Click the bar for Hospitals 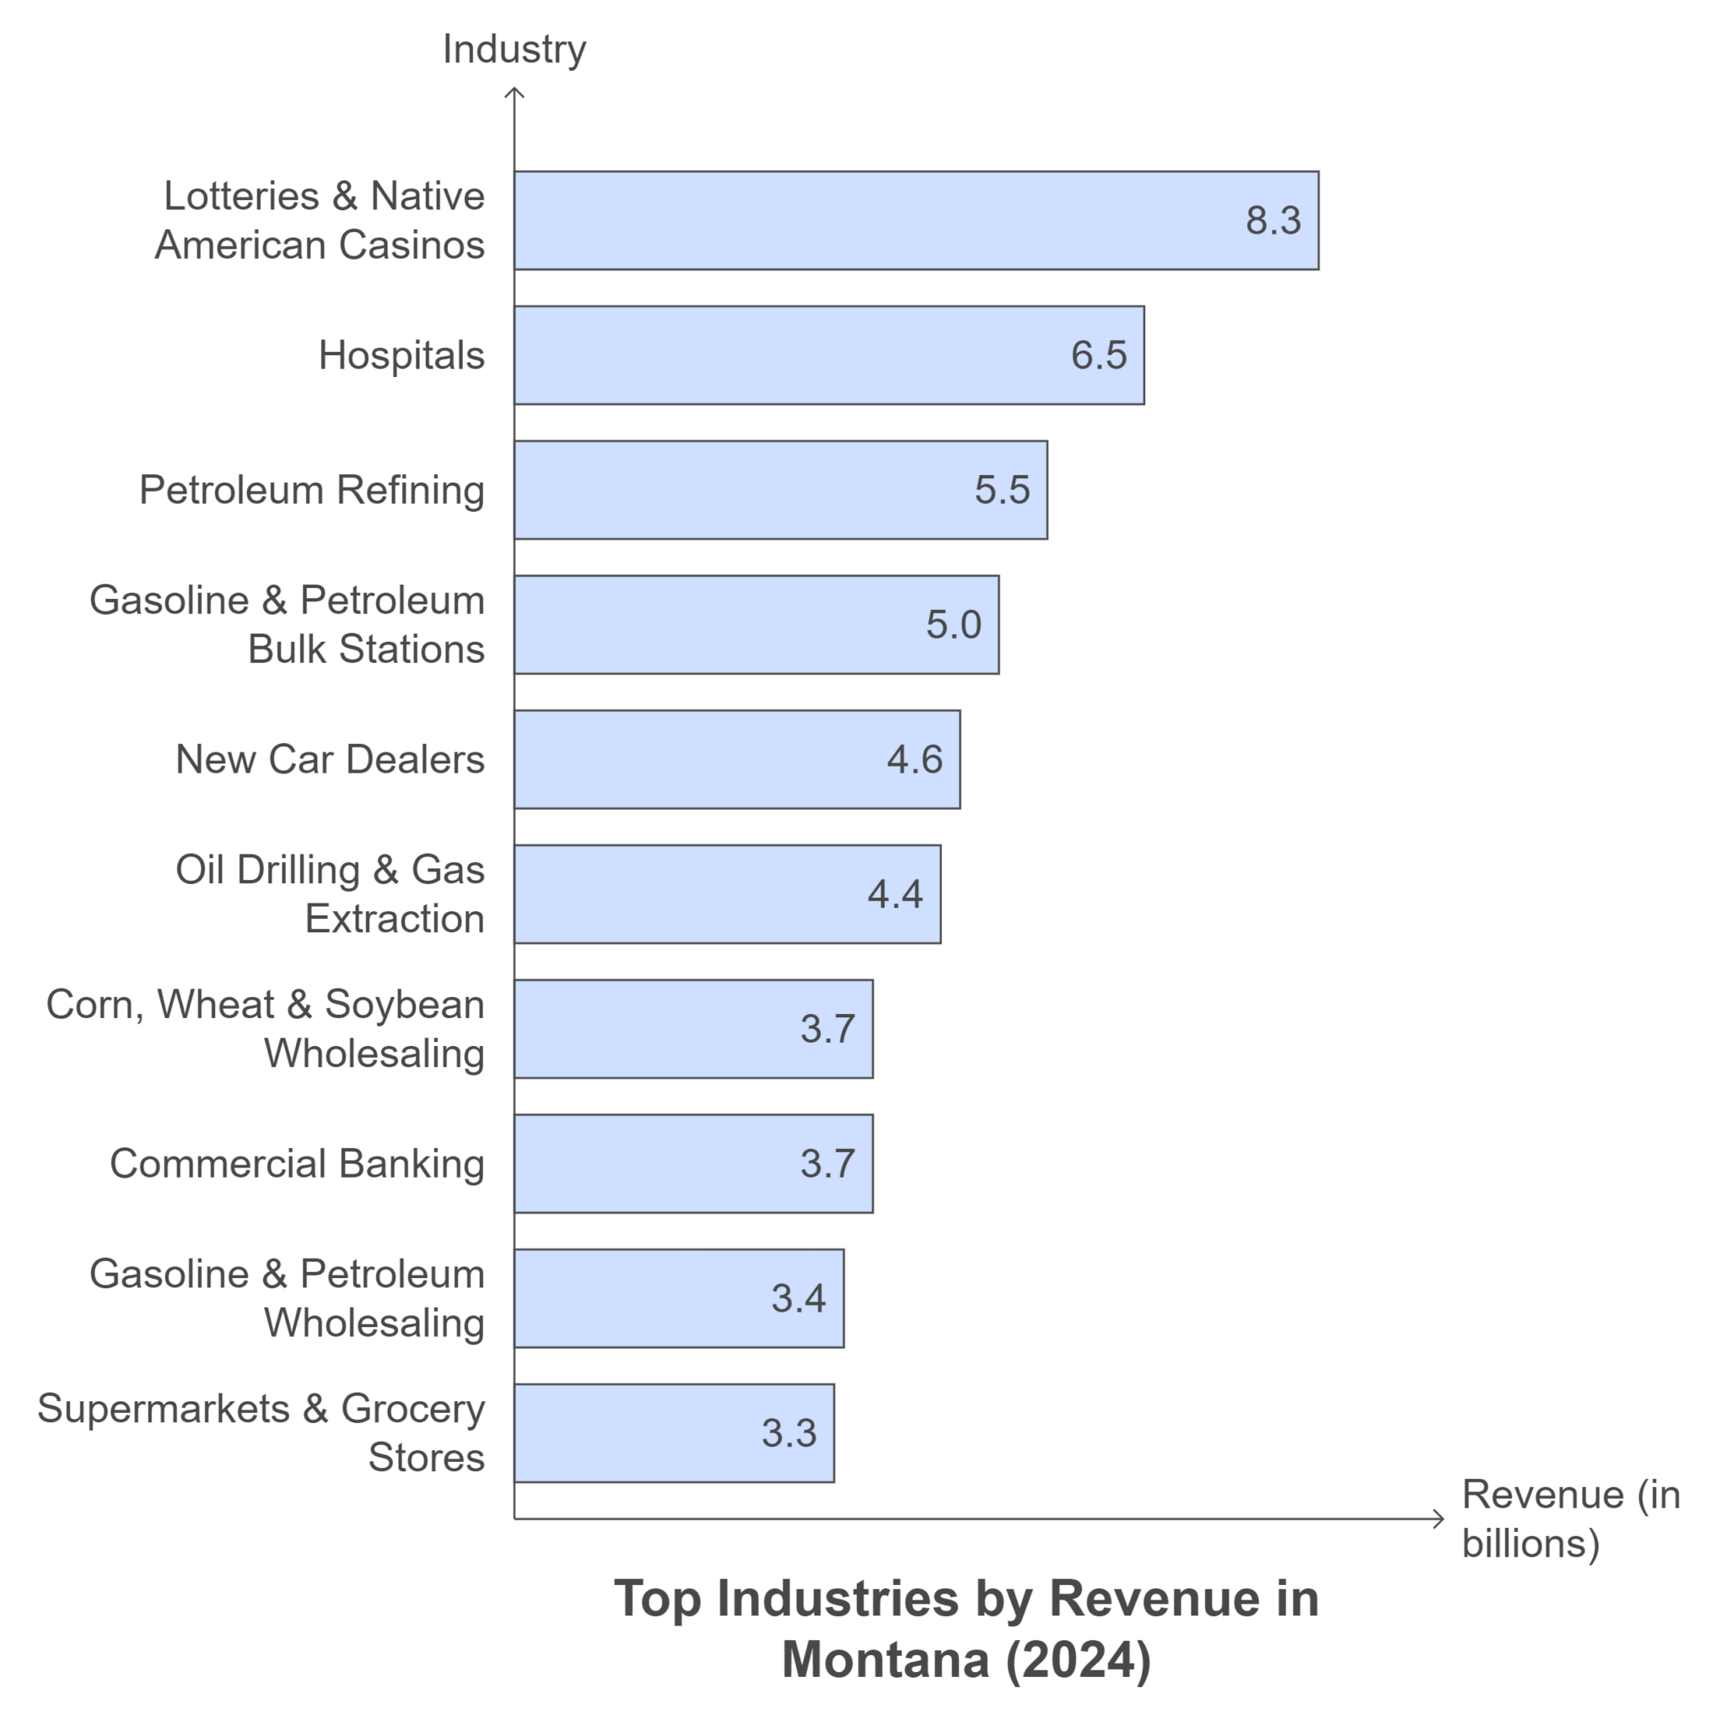[x=828, y=355]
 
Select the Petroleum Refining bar [x=779, y=490]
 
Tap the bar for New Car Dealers [x=735, y=759]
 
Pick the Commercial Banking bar [x=693, y=1163]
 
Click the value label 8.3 [x=1272, y=220]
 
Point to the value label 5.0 [x=953, y=624]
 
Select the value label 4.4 [x=894, y=894]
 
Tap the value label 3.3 [x=788, y=1432]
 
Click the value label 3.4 [x=799, y=1297]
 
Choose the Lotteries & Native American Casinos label [x=320, y=220]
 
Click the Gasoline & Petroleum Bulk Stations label [x=287, y=624]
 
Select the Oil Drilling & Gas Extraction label [x=330, y=894]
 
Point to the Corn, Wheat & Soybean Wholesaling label [x=266, y=1028]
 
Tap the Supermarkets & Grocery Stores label [x=261, y=1432]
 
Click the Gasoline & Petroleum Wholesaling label [x=287, y=1297]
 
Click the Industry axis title [x=514, y=49]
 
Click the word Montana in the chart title [x=885, y=1658]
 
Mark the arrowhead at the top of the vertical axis [x=514, y=91]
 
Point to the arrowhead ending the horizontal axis [x=1439, y=1518]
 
